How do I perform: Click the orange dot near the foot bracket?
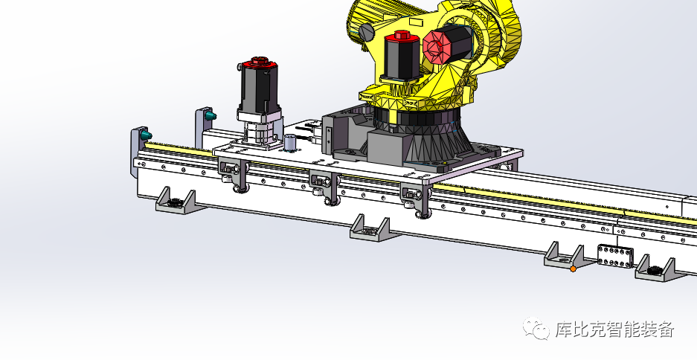(x=573, y=269)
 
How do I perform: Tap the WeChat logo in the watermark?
(x=536, y=328)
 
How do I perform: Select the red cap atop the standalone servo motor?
(x=259, y=62)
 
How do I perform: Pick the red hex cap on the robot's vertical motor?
(x=402, y=36)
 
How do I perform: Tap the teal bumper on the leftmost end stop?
(x=147, y=135)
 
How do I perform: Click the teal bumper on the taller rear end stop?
(x=211, y=116)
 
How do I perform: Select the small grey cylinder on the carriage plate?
(x=291, y=143)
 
